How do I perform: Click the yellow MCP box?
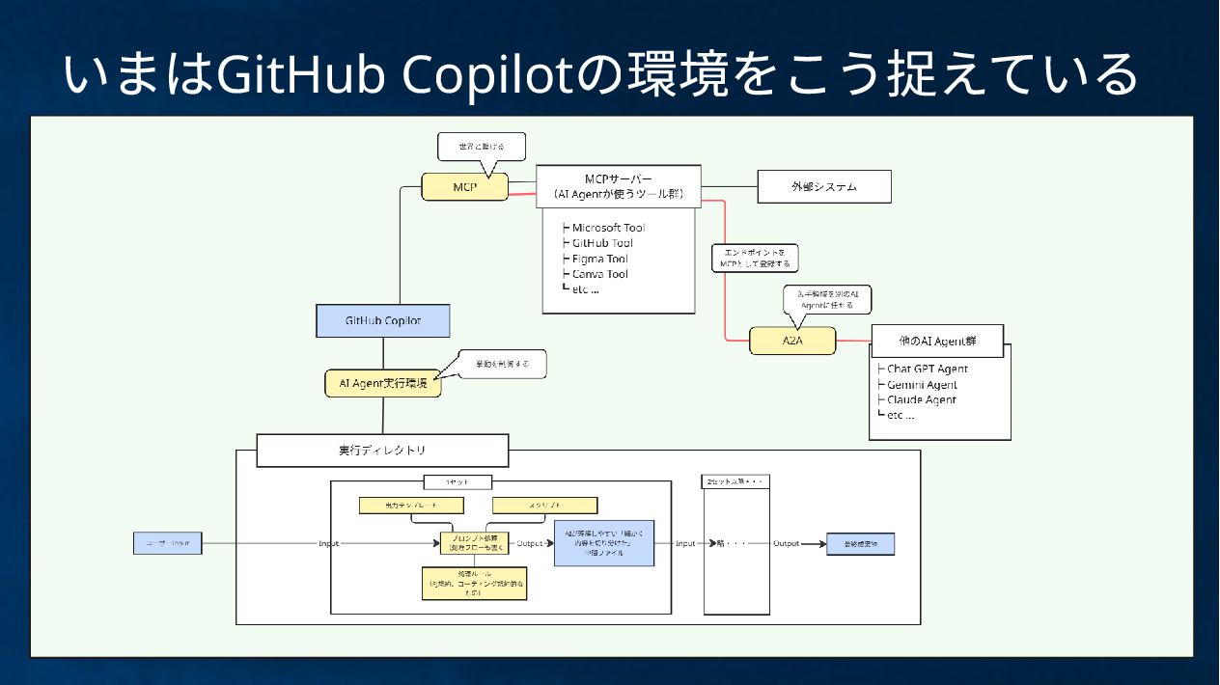pos(465,186)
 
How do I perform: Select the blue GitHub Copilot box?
pos(383,320)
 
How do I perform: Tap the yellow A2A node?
pos(792,341)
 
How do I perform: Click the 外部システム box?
pos(823,187)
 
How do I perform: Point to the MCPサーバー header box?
pos(619,186)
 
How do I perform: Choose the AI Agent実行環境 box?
pos(383,383)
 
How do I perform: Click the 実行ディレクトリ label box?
pos(382,451)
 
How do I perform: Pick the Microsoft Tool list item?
pos(607,228)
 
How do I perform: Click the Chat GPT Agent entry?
pos(926,369)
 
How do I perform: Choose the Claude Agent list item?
pos(921,399)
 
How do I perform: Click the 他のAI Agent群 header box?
pos(924,342)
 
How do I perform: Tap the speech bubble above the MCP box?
pos(481,146)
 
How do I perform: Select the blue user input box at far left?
pos(168,543)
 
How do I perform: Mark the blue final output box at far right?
pos(861,544)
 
